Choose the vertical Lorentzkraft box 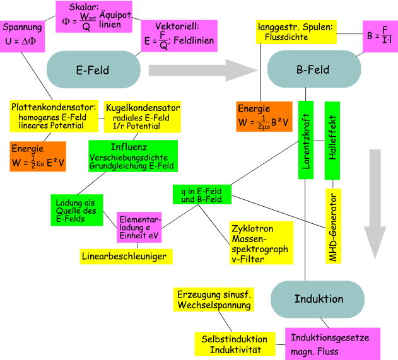(305, 139)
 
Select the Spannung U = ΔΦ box (23, 33)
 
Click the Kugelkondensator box (143, 117)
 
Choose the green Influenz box (132, 156)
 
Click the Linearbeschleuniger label (127, 256)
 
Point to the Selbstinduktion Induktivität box (235, 344)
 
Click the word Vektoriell (179, 26)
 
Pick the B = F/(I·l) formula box (379, 35)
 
